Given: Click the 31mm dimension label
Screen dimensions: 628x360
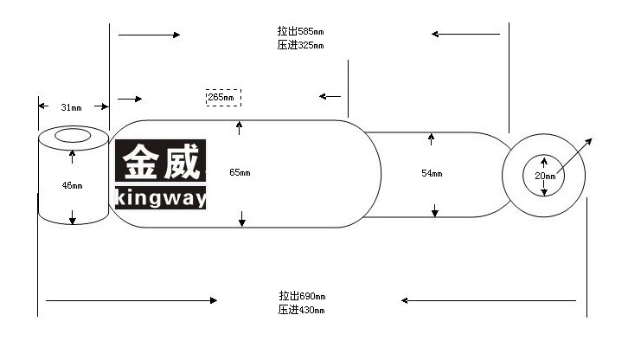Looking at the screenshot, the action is pos(71,107).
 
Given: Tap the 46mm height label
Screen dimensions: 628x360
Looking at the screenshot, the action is pos(72,185).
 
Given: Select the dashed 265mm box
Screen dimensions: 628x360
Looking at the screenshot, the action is pos(223,98).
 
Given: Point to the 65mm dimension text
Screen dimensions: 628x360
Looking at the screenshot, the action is pos(240,172).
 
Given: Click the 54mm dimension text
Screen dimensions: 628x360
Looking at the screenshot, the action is pos(432,173).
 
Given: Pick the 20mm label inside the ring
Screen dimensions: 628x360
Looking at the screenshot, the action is pos(545,176).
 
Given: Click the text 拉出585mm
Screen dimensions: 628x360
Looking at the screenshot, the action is pos(300,31).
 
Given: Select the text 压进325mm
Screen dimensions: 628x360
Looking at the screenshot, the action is pos(300,45).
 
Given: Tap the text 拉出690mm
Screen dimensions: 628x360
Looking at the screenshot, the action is pos(302,296).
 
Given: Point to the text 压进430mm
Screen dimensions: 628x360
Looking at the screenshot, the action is pos(302,310).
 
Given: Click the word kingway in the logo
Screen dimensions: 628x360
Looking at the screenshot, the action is pos(161,197).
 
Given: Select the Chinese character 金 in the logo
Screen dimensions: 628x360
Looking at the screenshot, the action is pos(139,162).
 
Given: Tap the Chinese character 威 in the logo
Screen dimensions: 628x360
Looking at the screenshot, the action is pos(181,162).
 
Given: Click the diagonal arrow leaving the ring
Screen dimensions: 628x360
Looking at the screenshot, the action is pos(574,156).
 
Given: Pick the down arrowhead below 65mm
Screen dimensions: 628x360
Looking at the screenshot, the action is pos(242,222).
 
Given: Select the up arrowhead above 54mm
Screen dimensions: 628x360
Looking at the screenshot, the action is pos(431,137).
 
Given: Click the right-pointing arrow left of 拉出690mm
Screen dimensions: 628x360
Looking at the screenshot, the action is pos(131,300).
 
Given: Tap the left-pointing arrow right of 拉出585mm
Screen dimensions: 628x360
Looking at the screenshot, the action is pos(465,34).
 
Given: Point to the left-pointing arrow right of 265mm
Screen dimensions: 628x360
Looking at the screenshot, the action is pos(330,96).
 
